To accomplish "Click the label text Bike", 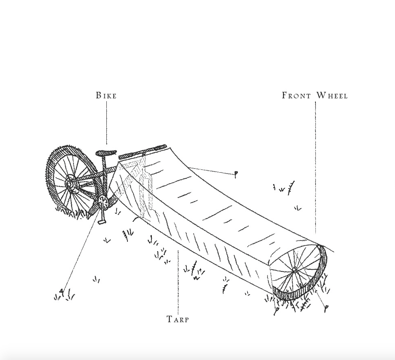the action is click(x=106, y=95).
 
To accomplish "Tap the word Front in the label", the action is click(x=296, y=95).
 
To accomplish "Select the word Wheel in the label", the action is click(x=332, y=95).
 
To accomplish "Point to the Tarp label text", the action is click(x=178, y=319).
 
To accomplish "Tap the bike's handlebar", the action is click(x=142, y=151).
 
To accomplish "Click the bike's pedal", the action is click(x=101, y=222).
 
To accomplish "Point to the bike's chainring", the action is click(x=103, y=201).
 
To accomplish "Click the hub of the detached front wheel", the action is click(x=294, y=270).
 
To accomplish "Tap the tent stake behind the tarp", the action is click(x=235, y=175).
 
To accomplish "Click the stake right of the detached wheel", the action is click(x=326, y=309).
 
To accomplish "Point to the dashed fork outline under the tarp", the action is click(x=144, y=191).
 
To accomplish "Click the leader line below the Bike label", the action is click(x=107, y=122).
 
